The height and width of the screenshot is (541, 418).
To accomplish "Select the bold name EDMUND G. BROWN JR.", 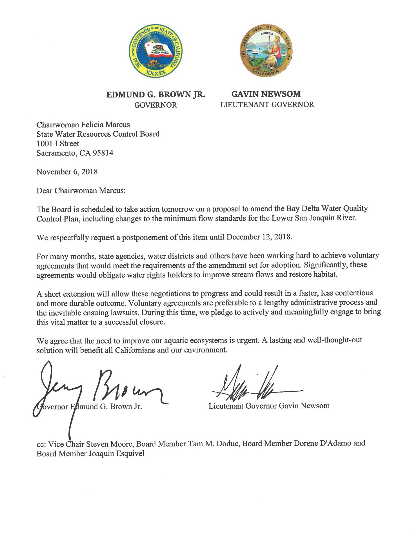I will (155, 95).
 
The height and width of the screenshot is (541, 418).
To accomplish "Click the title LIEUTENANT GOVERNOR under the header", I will (267, 105).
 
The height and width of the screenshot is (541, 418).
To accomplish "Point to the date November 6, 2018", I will (67, 172).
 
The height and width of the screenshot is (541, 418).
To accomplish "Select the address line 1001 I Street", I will (58, 143).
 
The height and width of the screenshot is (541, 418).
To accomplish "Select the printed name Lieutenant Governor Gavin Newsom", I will (269, 406).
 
